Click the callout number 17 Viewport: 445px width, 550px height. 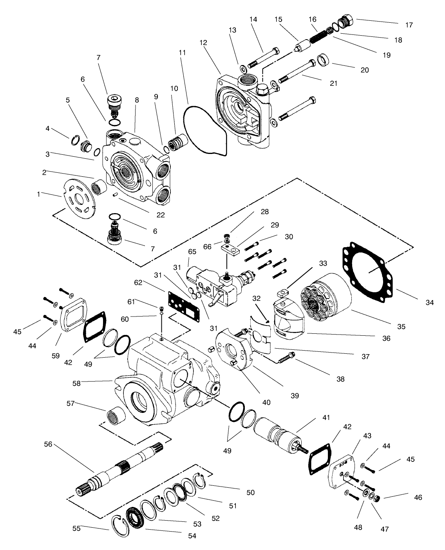click(409, 25)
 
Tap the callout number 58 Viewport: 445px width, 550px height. click(76, 384)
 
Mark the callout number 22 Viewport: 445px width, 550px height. click(161, 215)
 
